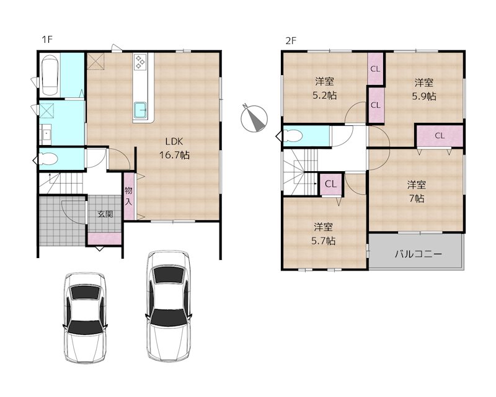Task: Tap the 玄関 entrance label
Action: (x=104, y=214)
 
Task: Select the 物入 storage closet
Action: (x=128, y=196)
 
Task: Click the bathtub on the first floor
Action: (x=49, y=75)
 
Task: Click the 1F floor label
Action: (x=46, y=40)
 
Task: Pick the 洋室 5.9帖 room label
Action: (x=424, y=89)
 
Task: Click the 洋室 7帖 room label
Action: (x=416, y=191)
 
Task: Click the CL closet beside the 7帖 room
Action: (x=439, y=135)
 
